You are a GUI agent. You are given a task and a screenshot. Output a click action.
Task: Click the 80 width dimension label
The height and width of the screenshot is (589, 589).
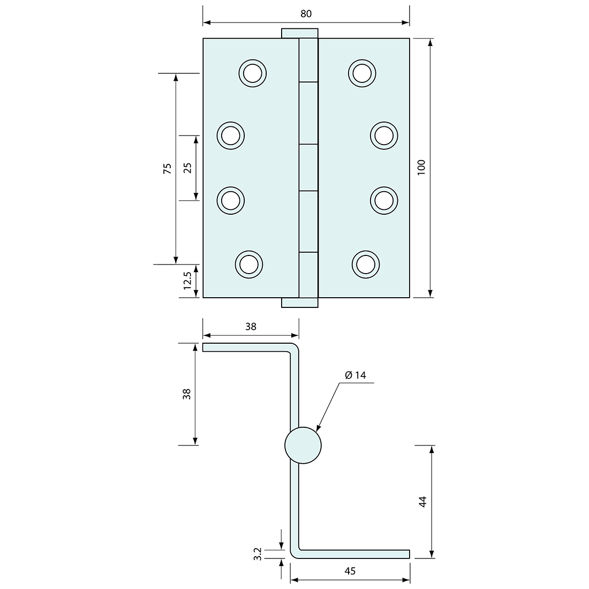(x=306, y=14)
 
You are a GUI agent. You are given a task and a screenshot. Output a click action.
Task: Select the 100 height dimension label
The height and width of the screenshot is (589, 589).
(x=421, y=168)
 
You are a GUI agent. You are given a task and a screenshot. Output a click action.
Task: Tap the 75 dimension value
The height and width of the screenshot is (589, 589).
(x=167, y=168)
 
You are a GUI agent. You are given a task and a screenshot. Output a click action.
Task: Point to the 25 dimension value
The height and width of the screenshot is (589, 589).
(x=187, y=168)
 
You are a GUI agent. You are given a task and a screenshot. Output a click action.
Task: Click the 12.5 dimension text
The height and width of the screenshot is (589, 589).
(x=187, y=281)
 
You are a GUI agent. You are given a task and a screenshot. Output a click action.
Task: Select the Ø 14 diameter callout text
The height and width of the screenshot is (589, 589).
(x=356, y=375)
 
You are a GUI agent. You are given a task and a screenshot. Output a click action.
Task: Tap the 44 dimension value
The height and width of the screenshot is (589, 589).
(x=422, y=502)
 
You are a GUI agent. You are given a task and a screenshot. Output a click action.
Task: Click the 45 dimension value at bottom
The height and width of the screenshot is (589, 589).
(x=350, y=571)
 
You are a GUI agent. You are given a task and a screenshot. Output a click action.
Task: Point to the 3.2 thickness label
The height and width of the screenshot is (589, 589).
(x=257, y=554)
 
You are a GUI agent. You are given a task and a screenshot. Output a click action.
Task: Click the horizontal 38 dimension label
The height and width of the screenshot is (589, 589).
(x=251, y=326)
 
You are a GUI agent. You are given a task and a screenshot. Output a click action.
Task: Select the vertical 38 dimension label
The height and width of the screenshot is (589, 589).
(x=186, y=394)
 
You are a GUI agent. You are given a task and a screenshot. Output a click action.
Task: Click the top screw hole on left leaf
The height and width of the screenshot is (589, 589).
(x=252, y=72)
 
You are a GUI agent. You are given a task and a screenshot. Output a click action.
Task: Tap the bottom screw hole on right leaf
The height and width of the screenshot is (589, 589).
(x=366, y=264)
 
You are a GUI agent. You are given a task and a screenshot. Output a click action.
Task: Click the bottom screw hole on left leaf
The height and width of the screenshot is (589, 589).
(x=249, y=264)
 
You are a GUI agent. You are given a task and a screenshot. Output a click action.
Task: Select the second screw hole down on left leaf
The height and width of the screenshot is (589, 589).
(x=230, y=135)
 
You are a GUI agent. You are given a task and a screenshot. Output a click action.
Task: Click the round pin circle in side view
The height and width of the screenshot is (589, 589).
(x=303, y=445)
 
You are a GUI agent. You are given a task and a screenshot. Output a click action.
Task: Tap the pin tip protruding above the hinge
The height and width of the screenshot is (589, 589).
(x=300, y=33)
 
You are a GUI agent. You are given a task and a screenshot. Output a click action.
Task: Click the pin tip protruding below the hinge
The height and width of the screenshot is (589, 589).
(x=300, y=303)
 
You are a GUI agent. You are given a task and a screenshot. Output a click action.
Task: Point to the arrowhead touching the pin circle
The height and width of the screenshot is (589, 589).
(x=318, y=428)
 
